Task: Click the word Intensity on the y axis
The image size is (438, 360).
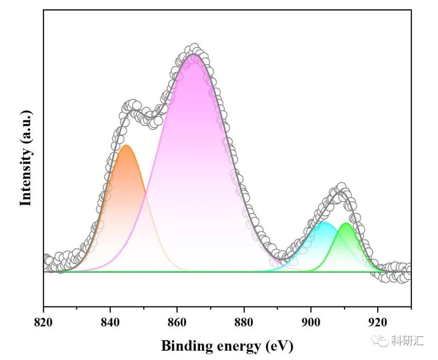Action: [x=26, y=177]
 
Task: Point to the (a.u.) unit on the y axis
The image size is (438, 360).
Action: [x=26, y=127]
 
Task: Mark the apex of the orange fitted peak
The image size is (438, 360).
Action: [x=126, y=145]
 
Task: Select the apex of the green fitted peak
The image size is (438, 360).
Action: [x=346, y=223]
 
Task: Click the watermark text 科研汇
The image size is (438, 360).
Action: [x=407, y=341]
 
